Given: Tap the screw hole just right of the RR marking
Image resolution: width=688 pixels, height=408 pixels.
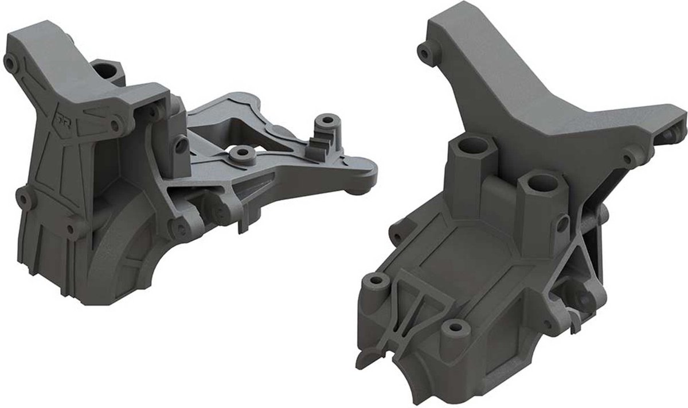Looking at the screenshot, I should tap(115, 123).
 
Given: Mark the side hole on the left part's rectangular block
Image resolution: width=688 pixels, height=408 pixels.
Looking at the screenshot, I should tap(181, 146).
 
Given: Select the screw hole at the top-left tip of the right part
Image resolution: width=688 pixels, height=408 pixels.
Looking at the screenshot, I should tap(424, 54).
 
